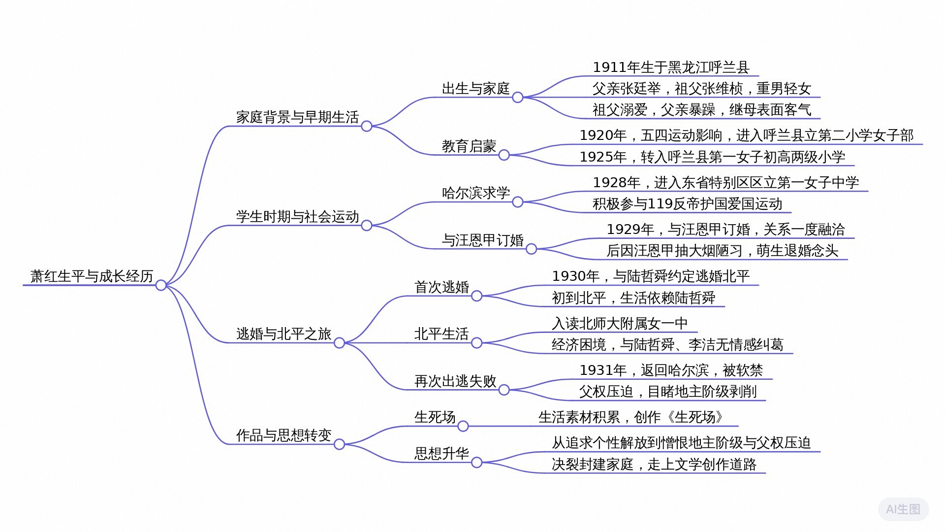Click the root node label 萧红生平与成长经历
click(92, 276)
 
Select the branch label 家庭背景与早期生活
click(297, 117)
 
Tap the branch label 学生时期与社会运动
click(297, 217)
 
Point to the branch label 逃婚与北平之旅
click(283, 334)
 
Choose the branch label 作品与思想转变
click(283, 435)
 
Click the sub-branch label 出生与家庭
click(475, 89)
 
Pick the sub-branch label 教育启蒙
click(469, 146)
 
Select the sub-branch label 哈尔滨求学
click(475, 193)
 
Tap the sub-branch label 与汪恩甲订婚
click(482, 240)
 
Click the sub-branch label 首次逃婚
click(441, 287)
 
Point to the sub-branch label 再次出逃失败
click(455, 381)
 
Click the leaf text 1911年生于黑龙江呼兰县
click(671, 67)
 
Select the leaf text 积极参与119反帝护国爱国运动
click(687, 204)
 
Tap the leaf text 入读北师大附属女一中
click(620, 324)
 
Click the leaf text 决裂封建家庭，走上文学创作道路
click(654, 465)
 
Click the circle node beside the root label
click(161, 285)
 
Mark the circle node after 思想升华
click(476, 463)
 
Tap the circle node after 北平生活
click(476, 343)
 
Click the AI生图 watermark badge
click(903, 509)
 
